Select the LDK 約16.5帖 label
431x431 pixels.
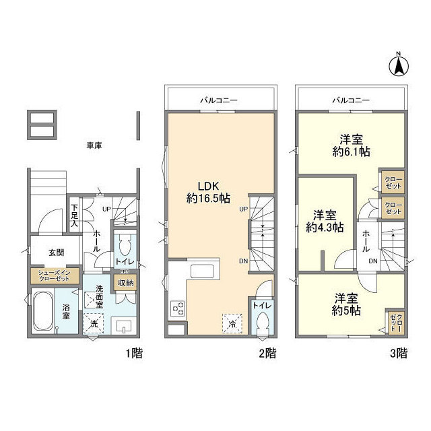209,192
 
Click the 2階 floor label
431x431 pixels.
267,352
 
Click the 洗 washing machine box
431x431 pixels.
94,324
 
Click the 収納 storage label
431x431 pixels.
127,283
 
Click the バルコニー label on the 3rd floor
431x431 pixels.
350,100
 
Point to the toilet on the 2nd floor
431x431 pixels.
263,327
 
